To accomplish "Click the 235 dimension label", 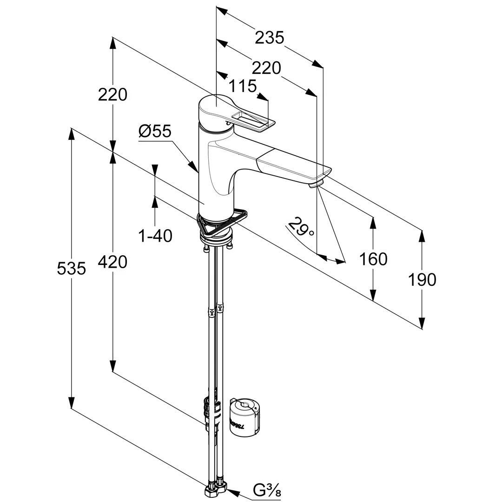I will (x=269, y=37).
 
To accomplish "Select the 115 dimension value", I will (x=242, y=86).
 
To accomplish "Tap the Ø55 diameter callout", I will (x=155, y=132).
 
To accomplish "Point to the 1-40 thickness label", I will (x=155, y=236).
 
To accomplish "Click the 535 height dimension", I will (x=71, y=268).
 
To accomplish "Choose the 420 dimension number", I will (x=112, y=262).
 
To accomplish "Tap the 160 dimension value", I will (x=373, y=259).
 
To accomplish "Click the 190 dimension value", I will (x=422, y=279).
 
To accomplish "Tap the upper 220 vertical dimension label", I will (x=112, y=94).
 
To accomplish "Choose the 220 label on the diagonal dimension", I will (x=266, y=68).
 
